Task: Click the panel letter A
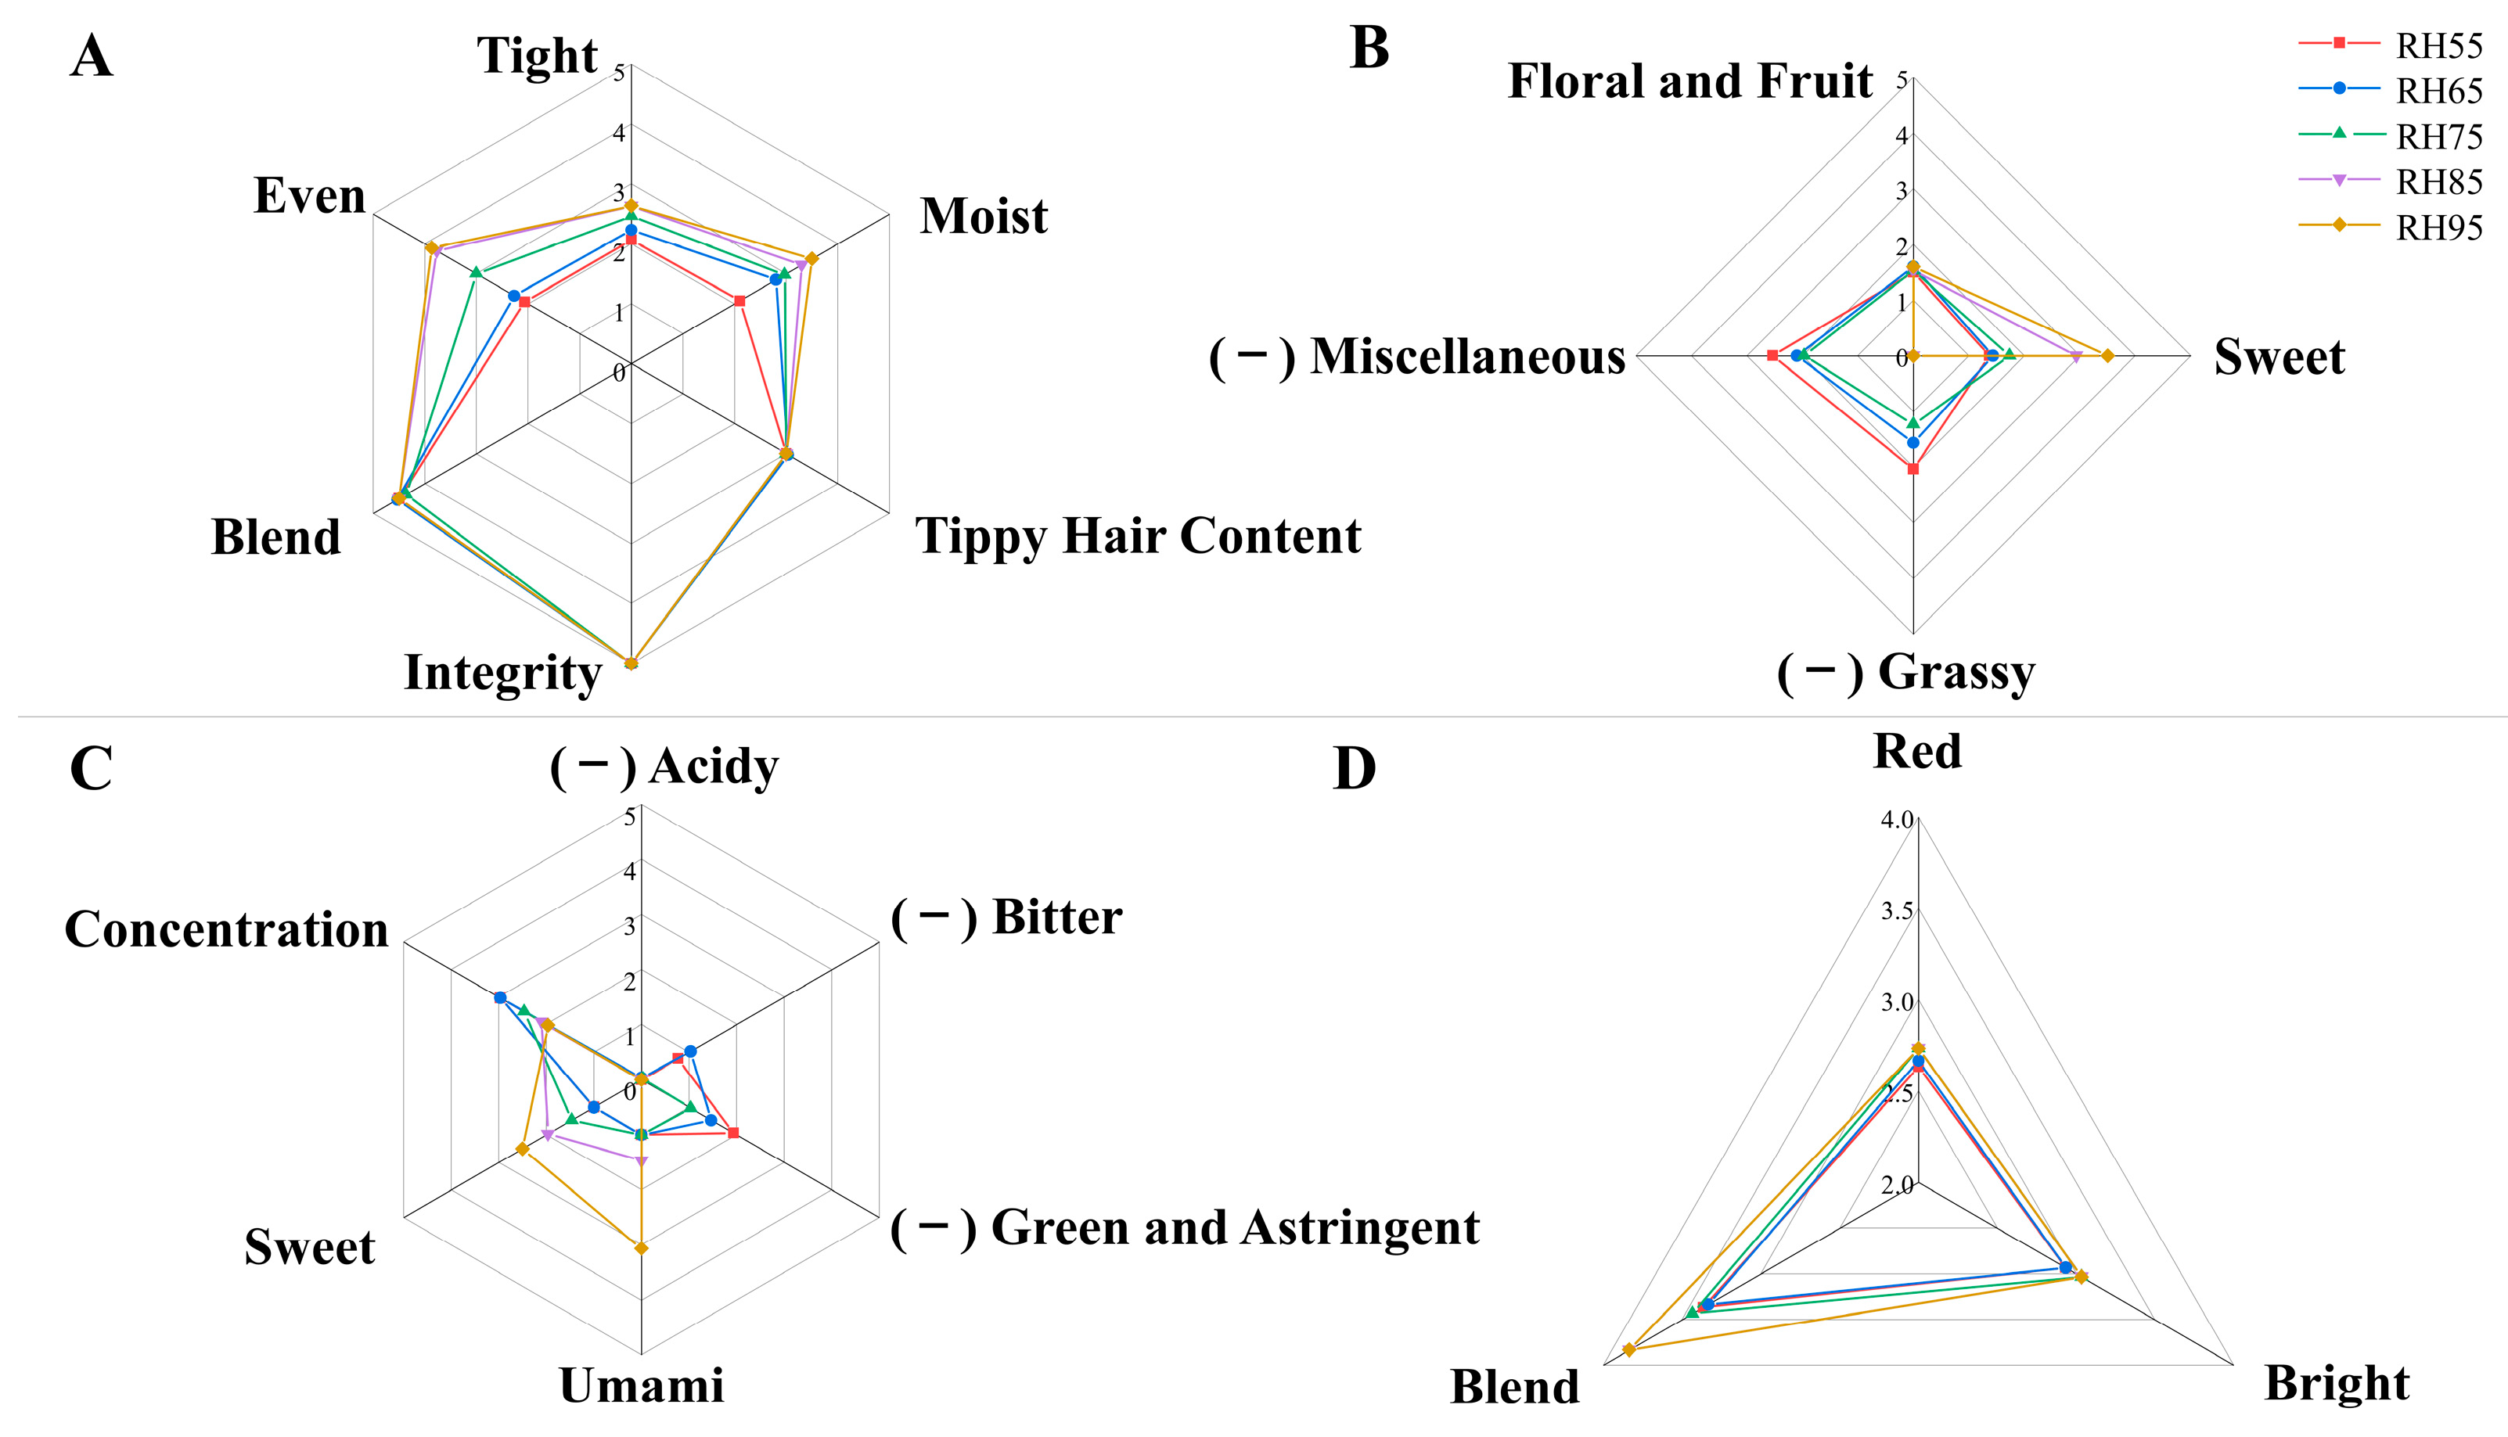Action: [x=91, y=56]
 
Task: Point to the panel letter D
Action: [x=1355, y=770]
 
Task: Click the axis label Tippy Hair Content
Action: [x=1138, y=536]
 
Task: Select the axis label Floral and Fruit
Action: [x=1689, y=81]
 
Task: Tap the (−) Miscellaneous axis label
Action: [x=1417, y=356]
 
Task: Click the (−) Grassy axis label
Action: [x=1905, y=672]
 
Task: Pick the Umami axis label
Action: [x=642, y=1385]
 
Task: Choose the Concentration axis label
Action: [x=227, y=929]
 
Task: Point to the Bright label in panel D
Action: [x=2337, y=1383]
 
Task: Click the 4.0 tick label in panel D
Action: [x=1896, y=819]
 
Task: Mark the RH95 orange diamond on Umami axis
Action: [x=642, y=1248]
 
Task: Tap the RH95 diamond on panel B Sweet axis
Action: [x=2107, y=355]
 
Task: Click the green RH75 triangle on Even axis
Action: [x=476, y=272]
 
